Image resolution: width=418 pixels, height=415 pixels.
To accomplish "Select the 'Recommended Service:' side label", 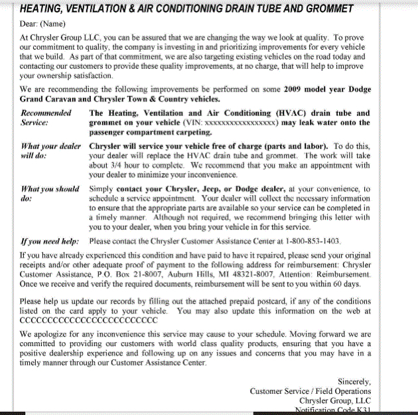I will pyautogui.click(x=46, y=118).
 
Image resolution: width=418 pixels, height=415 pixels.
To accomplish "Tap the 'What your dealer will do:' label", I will pyautogui.click(x=51, y=150).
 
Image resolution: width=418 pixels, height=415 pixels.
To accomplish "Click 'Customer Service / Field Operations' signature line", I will pyautogui.click(x=310, y=391).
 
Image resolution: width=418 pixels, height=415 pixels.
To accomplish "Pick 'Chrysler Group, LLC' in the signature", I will pyautogui.click(x=334, y=401).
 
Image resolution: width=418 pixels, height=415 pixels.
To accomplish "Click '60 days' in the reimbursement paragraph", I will pyautogui.click(x=345, y=283).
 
